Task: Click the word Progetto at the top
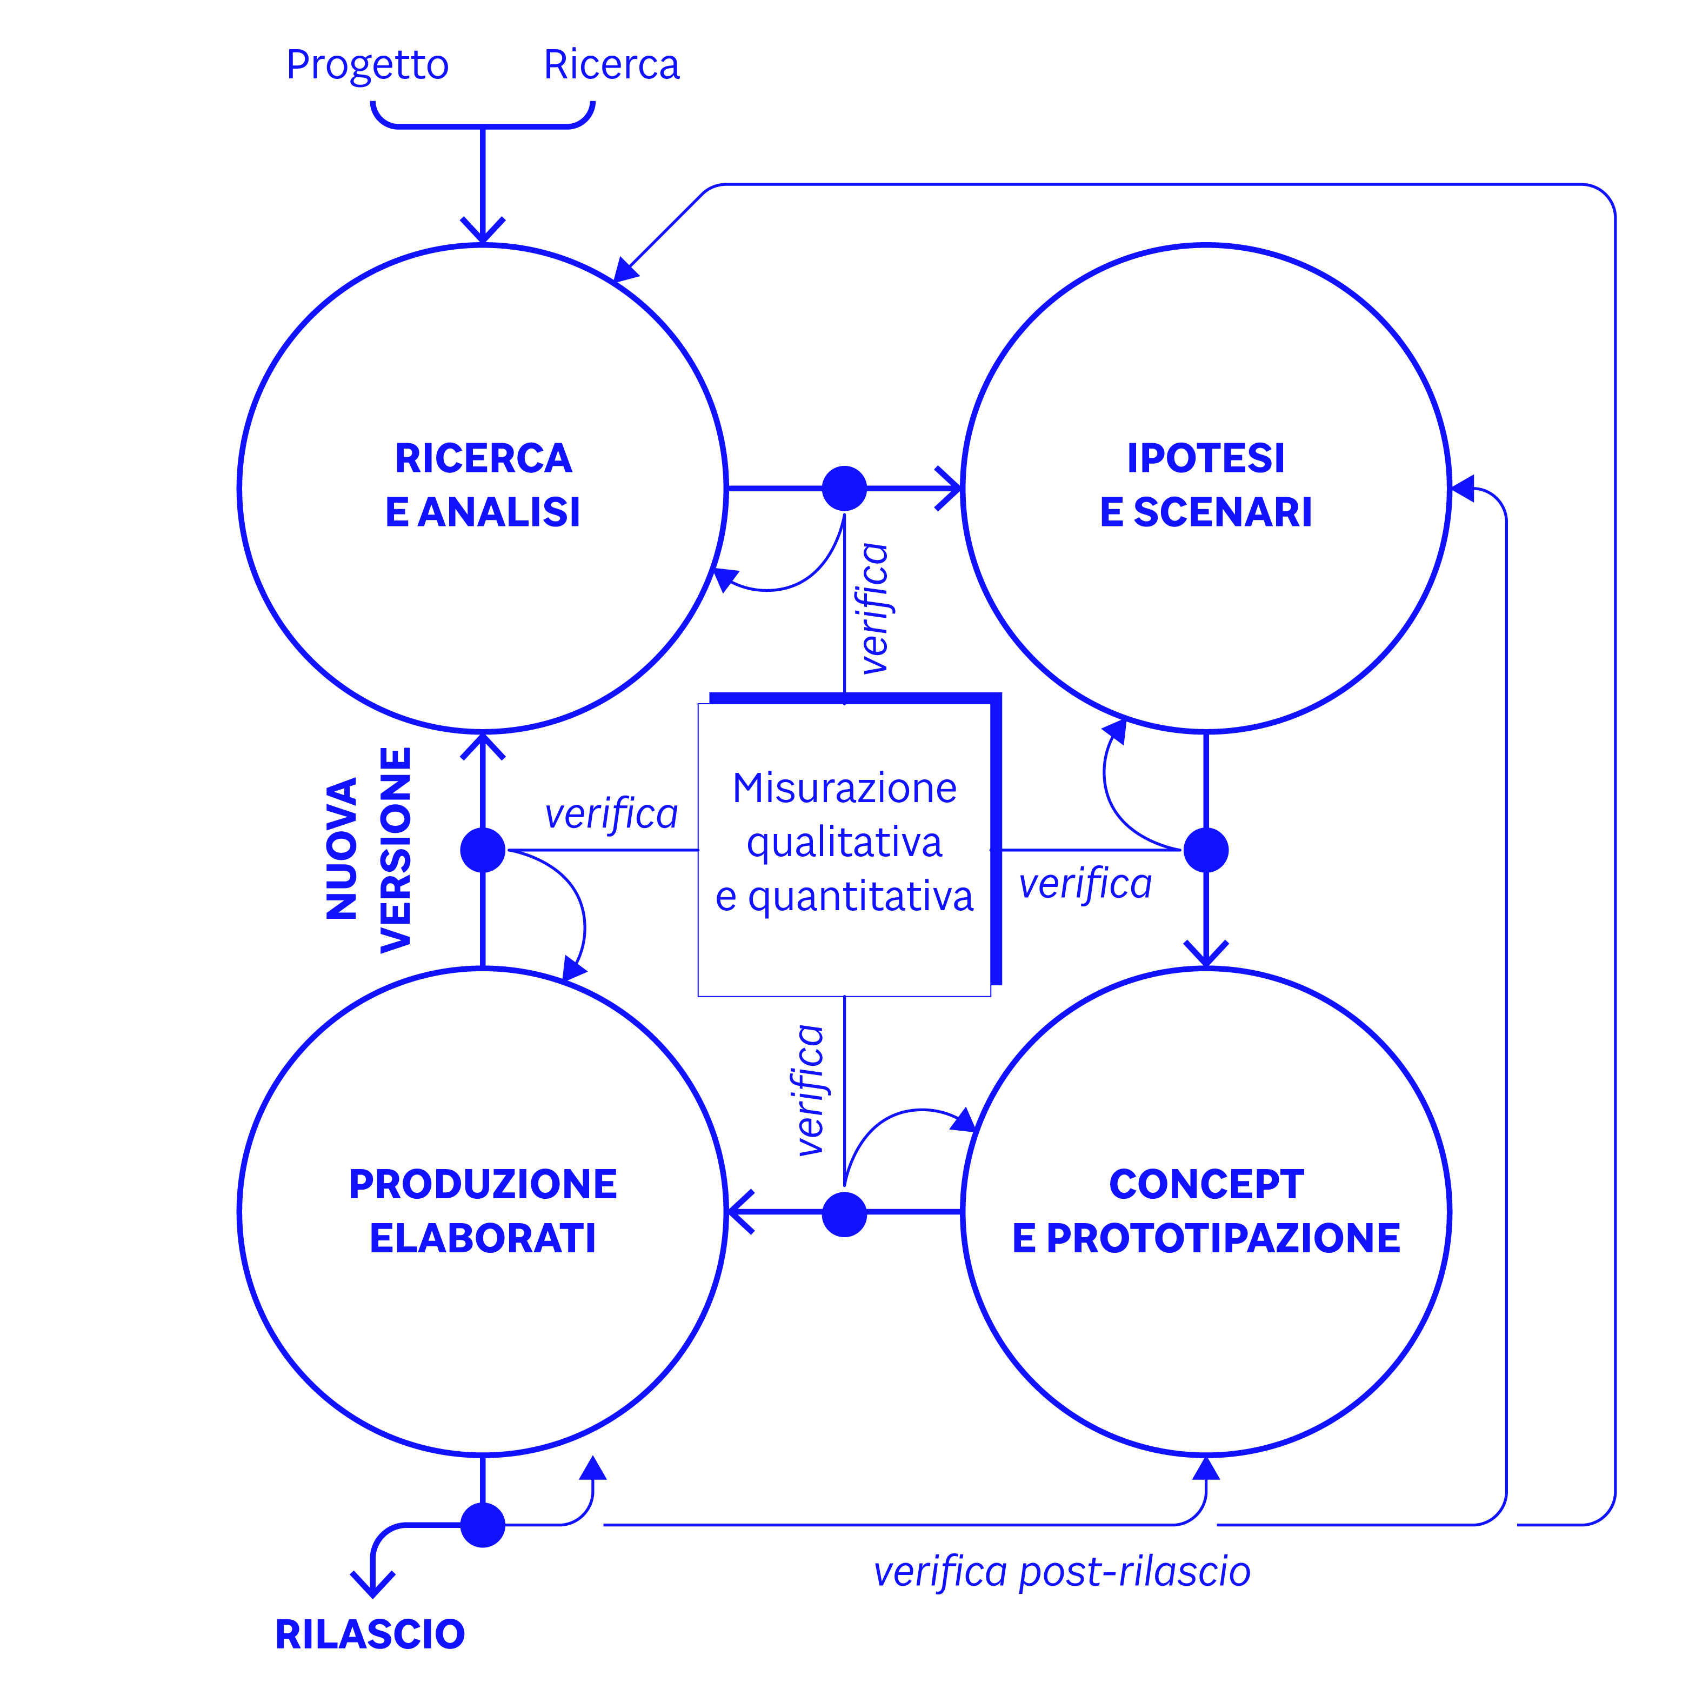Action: tap(367, 65)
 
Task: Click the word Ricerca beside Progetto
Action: tap(611, 65)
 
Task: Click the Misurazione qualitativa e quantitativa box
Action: tap(844, 844)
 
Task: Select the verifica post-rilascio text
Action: tap(1062, 1571)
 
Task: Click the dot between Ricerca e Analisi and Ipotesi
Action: tap(844, 488)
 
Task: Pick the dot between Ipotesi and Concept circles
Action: tap(1206, 850)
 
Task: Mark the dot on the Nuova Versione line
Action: tap(483, 850)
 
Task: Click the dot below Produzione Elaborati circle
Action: tap(483, 1526)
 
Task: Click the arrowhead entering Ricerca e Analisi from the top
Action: tap(483, 232)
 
